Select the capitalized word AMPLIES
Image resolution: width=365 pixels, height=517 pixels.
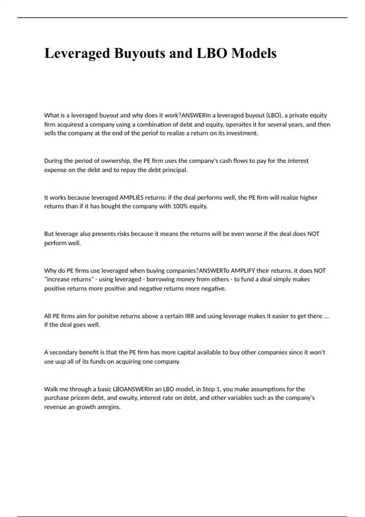131,197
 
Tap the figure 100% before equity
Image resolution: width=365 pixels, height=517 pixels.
180,206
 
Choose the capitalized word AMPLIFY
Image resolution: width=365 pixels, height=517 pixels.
243,270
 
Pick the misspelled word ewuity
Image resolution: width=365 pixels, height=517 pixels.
128,398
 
